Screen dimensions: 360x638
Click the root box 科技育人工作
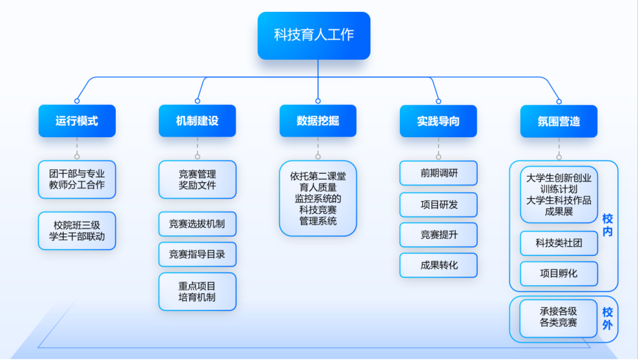tap(314, 35)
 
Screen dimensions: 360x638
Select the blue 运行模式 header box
tap(77, 121)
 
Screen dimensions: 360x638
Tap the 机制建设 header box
tap(197, 121)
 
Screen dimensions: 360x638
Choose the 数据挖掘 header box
tap(318, 121)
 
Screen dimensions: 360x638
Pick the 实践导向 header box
tap(438, 121)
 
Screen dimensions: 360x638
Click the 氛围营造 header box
tap(559, 121)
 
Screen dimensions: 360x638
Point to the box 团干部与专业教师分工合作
tap(77, 179)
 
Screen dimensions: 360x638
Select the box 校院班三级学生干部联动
tap(77, 231)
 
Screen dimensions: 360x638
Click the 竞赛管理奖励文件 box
tap(197, 179)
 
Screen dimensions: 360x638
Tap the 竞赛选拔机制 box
tap(197, 224)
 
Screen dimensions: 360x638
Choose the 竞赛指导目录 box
tap(197, 254)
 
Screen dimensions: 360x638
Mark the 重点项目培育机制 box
tap(197, 291)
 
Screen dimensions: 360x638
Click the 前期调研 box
tap(438, 173)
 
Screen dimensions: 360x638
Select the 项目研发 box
tap(438, 205)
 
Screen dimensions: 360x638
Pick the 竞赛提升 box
tap(438, 235)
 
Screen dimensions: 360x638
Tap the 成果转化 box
tap(438, 265)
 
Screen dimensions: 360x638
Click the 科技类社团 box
tap(559, 243)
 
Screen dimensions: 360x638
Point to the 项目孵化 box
tap(559, 274)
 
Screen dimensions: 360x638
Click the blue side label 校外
tap(607, 319)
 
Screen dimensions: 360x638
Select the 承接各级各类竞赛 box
tap(559, 317)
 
